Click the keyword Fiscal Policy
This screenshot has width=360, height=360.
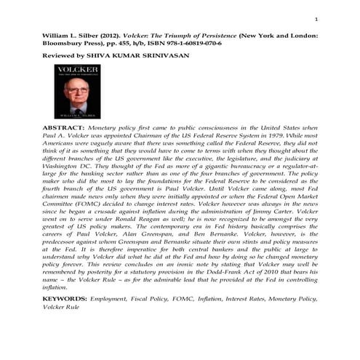164,318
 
